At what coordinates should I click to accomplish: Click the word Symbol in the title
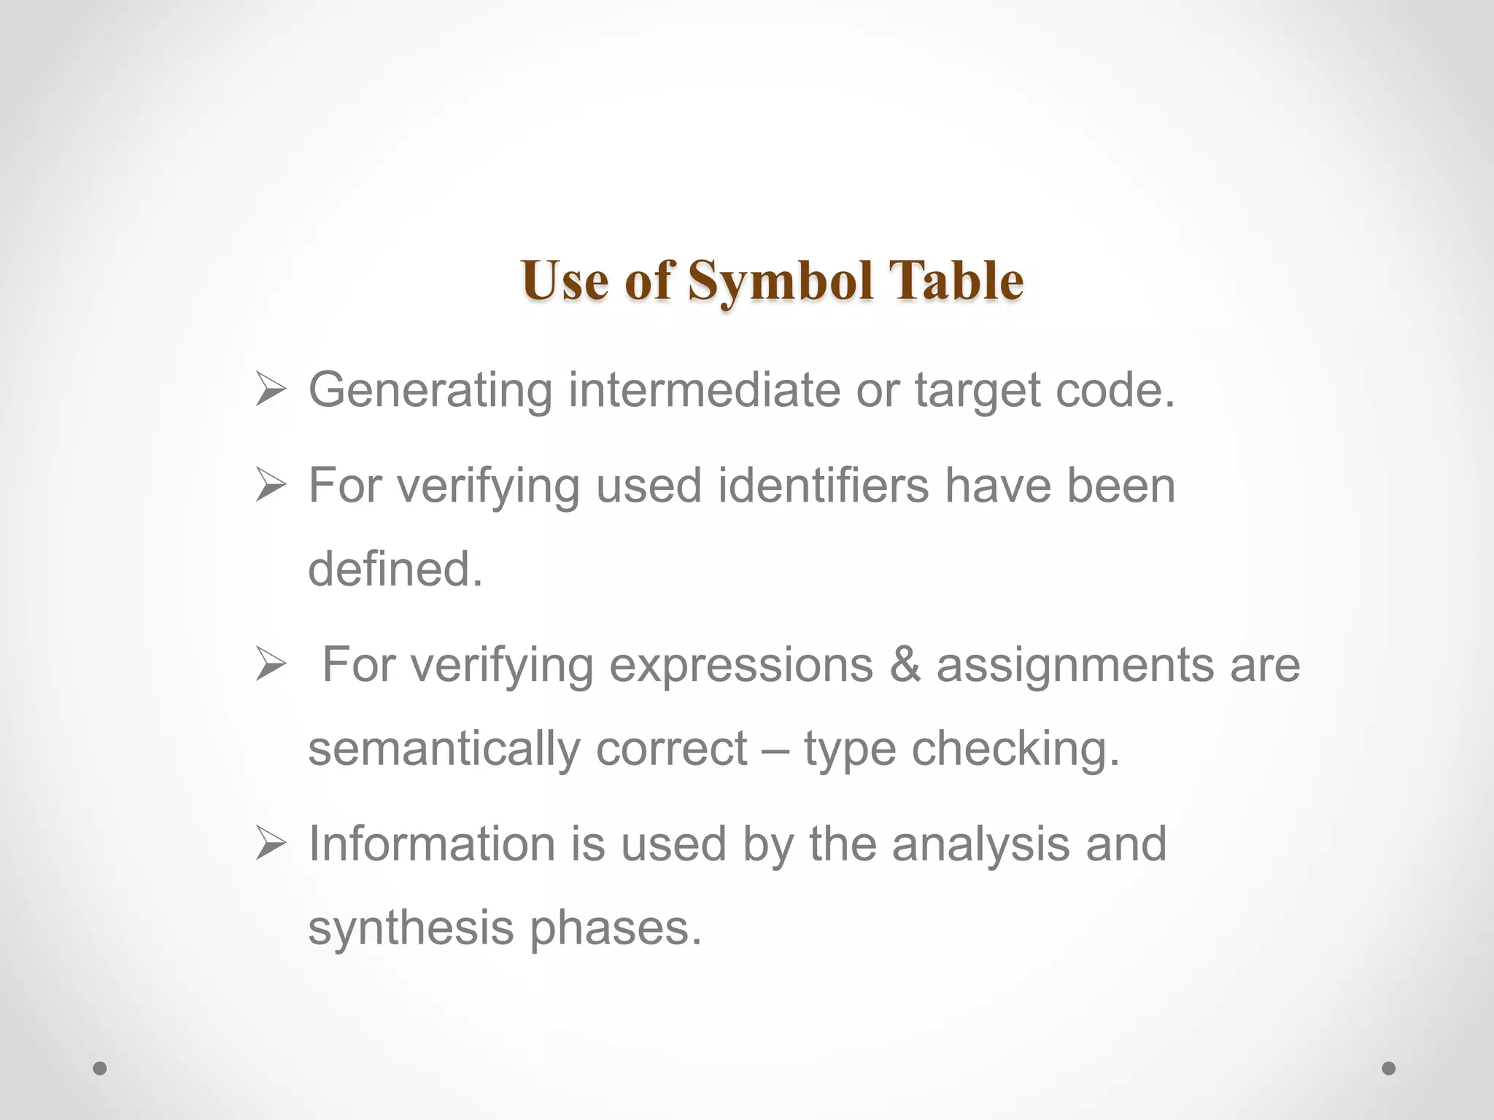pos(781,281)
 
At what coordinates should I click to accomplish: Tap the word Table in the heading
pos(956,281)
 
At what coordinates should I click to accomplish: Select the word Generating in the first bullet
pos(430,390)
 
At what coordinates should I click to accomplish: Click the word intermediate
pos(704,390)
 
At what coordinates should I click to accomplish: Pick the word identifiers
pos(823,486)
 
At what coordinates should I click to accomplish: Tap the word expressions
pos(740,665)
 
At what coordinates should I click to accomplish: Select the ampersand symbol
pos(905,665)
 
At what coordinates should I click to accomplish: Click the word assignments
pos(1075,666)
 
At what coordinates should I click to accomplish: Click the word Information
pos(432,844)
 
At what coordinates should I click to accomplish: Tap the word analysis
pos(980,845)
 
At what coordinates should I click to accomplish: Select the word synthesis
pos(411,929)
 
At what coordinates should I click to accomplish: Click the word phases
pos(615,929)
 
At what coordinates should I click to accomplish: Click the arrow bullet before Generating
pos(270,391)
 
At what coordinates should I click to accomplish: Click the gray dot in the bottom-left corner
pos(100,1068)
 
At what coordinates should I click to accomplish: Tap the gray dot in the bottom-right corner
pos(1389,1068)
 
